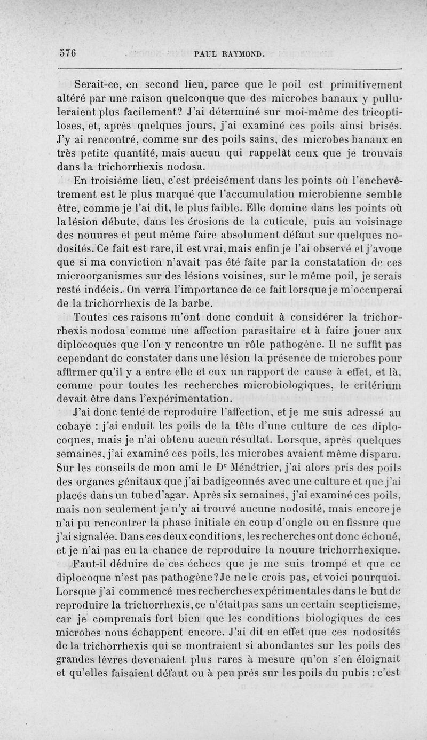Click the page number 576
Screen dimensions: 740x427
(x=68, y=53)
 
